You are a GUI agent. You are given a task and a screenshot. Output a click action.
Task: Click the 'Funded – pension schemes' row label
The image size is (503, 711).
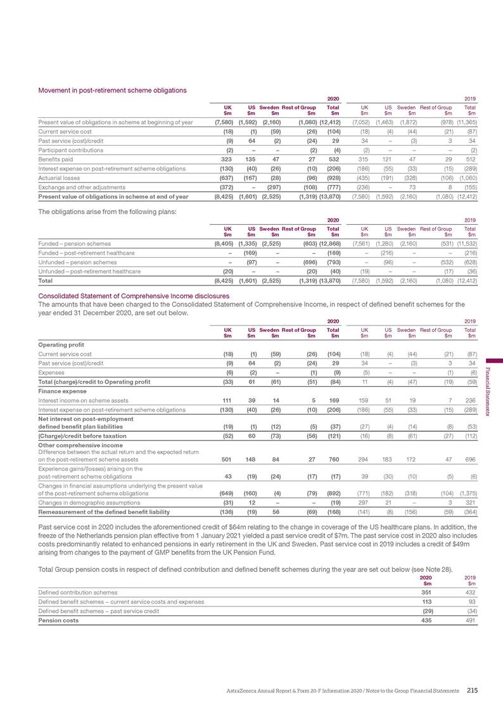[74, 244]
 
